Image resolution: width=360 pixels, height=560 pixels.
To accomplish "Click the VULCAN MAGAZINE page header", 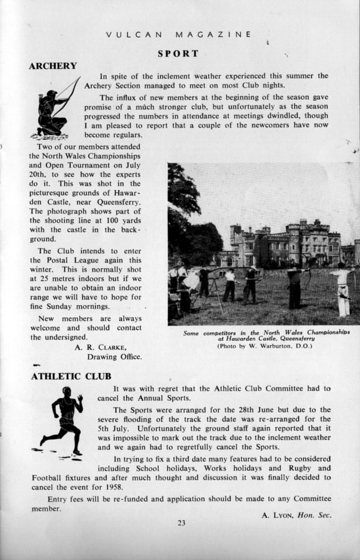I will pyautogui.click(x=178, y=34).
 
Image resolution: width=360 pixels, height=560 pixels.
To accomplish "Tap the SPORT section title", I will pyautogui.click(x=178, y=54).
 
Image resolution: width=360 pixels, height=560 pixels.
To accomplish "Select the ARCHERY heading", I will pyautogui.click(x=53, y=66).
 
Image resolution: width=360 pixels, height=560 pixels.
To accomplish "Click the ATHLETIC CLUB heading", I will pyautogui.click(x=71, y=377).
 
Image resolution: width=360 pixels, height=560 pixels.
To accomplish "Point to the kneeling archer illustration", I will pyautogui.click(x=54, y=111).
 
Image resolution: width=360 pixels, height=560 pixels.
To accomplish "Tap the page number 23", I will pyautogui.click(x=181, y=522).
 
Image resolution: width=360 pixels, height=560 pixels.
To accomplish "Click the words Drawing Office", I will pyautogui.click(x=114, y=357).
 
